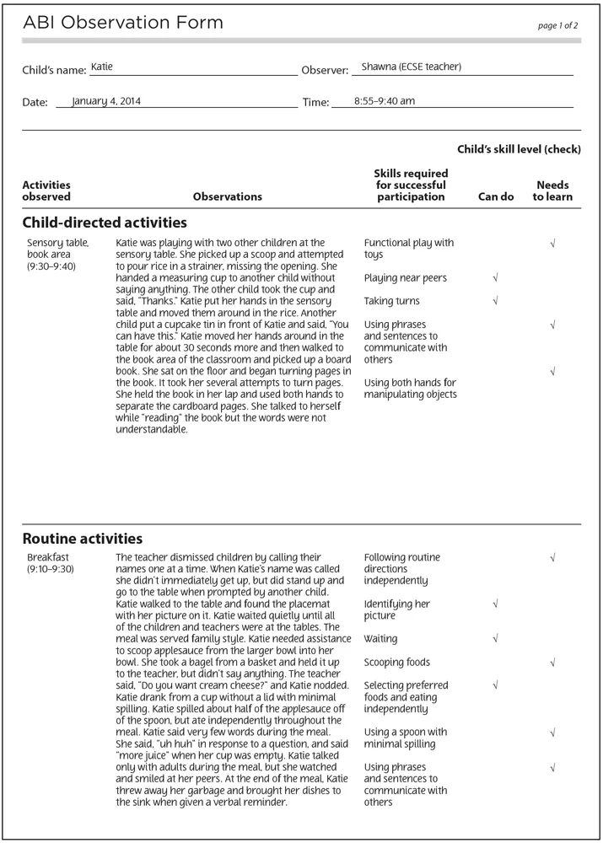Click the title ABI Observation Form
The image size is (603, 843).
tap(123, 24)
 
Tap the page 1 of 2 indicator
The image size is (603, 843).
tap(557, 26)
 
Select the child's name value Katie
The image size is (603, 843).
tap(102, 66)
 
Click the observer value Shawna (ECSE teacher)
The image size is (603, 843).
tap(411, 67)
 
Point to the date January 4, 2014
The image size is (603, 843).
tap(106, 101)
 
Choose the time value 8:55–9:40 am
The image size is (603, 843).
tap(384, 101)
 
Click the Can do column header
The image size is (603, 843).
tap(495, 196)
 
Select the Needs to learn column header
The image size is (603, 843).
tap(552, 191)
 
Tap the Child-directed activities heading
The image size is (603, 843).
tap(105, 223)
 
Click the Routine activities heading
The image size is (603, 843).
tap(83, 539)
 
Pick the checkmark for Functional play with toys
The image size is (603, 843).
tap(552, 244)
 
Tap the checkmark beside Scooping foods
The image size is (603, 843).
tap(552, 663)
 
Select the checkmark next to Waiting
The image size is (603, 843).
tap(495, 639)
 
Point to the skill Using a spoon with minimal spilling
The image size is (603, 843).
tap(406, 738)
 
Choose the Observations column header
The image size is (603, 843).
tap(228, 196)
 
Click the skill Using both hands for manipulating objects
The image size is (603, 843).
tap(411, 389)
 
